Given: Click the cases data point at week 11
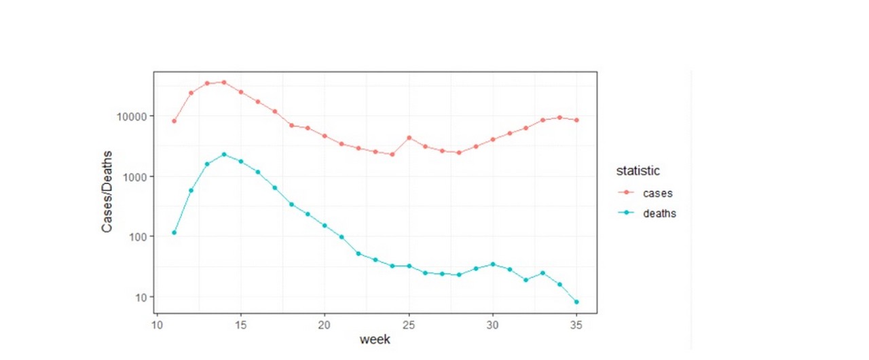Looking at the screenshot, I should click(174, 121).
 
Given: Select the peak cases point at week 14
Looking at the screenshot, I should click(224, 82).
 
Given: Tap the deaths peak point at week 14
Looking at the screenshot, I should click(224, 154).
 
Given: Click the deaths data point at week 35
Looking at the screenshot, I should click(576, 302).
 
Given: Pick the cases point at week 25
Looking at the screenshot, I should click(409, 138).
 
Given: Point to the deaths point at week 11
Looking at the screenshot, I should click(174, 233).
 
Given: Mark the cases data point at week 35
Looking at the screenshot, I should click(576, 120).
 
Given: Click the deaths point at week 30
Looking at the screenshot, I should click(493, 264).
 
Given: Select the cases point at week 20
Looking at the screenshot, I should click(325, 136).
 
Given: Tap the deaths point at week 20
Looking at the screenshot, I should click(325, 226).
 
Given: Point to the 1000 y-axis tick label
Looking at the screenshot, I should click(133, 177).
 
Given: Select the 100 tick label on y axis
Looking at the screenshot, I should click(136, 236).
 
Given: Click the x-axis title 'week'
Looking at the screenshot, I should click(375, 339).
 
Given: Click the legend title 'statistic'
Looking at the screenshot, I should click(637, 170).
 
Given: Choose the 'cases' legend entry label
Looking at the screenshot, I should click(657, 194).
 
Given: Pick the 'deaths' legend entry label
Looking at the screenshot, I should click(659, 213).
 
